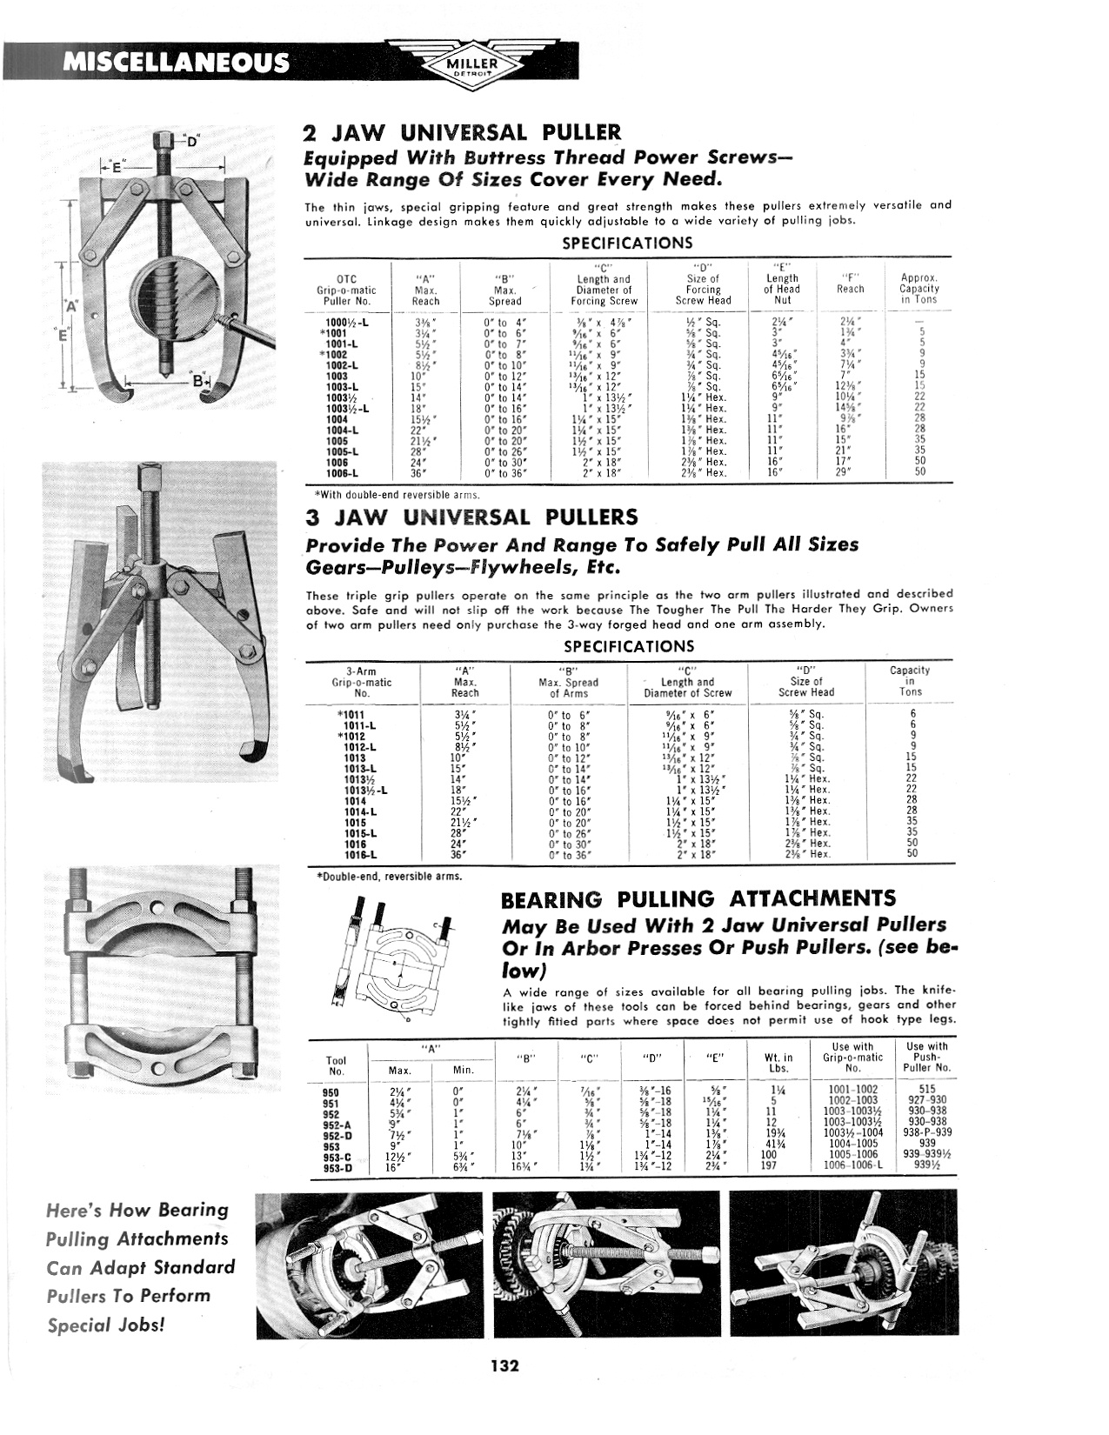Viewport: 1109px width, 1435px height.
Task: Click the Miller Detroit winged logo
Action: coord(471,62)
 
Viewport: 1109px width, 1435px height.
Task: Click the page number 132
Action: coord(504,1365)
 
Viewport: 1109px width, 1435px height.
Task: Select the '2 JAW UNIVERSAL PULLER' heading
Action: coord(462,133)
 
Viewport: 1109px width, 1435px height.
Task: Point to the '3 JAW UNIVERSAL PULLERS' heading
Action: coord(471,517)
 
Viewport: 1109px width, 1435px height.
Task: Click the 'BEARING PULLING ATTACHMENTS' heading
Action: coord(698,899)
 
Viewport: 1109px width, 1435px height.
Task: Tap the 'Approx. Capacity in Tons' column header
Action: coord(919,289)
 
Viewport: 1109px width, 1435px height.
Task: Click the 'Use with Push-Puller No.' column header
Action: coord(926,1057)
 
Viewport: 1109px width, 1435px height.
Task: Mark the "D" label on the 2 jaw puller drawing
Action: coord(192,139)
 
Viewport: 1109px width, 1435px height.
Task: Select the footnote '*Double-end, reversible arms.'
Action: coord(388,877)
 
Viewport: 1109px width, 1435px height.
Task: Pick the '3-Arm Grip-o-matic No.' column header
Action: coord(362,682)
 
